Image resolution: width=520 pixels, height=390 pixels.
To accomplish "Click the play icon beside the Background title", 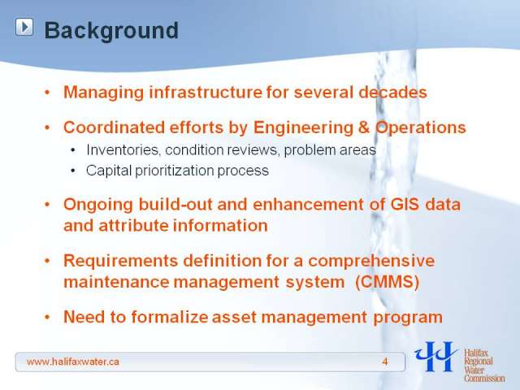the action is click(x=24, y=27).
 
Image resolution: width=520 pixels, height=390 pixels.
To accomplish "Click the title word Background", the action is click(x=111, y=31).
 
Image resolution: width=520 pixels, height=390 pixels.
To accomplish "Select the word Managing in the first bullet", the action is click(x=103, y=93).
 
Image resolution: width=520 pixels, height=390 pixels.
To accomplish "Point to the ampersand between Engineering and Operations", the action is click(x=364, y=128).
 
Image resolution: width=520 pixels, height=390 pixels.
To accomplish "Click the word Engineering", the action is click(x=303, y=128).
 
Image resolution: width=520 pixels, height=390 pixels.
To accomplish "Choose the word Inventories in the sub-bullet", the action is click(x=122, y=149).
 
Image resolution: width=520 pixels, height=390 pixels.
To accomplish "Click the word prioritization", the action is click(x=175, y=171).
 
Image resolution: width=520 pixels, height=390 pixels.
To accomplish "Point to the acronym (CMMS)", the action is click(x=387, y=282).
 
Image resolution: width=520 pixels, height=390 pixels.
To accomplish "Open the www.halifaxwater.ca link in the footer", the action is click(x=72, y=362).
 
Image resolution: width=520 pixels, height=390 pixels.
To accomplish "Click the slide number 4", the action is click(x=384, y=362).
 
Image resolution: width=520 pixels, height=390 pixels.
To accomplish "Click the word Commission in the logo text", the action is click(x=484, y=378).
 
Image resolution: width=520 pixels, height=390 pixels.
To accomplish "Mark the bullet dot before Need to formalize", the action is click(x=47, y=317).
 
